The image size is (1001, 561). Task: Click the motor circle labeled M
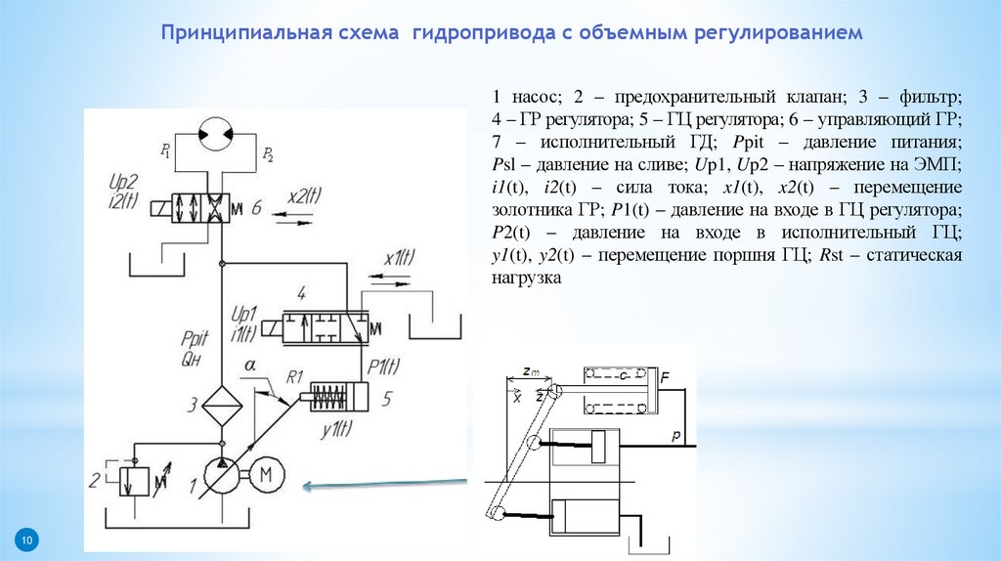(x=267, y=476)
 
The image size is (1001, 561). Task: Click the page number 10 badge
(x=26, y=540)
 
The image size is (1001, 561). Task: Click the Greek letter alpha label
(x=250, y=366)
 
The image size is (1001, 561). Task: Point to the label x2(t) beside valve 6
(x=304, y=194)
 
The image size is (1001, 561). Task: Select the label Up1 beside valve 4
(x=240, y=314)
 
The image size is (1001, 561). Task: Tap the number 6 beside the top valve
(x=256, y=207)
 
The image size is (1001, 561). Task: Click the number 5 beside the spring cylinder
(x=387, y=399)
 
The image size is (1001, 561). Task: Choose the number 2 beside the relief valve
(x=95, y=480)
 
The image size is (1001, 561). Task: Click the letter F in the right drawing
(x=665, y=375)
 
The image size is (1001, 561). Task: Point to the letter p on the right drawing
(x=675, y=437)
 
